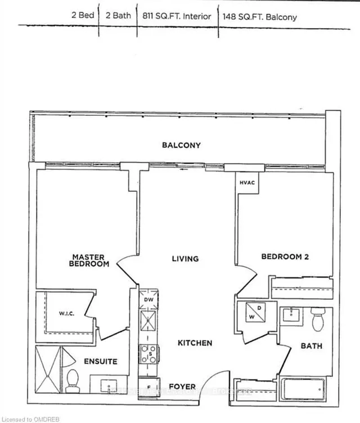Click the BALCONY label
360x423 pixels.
(x=181, y=145)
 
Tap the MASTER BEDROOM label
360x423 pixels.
(x=89, y=260)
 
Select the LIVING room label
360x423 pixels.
(x=185, y=259)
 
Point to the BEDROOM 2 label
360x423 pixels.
(x=285, y=256)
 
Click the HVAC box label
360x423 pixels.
(x=247, y=182)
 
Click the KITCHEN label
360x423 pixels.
(x=195, y=343)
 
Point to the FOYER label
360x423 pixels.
(x=182, y=386)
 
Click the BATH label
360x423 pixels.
(x=311, y=346)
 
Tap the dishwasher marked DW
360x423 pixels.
(x=149, y=300)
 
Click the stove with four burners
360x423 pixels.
(x=150, y=354)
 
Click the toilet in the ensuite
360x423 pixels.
(x=73, y=381)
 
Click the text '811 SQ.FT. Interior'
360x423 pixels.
(x=177, y=16)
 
